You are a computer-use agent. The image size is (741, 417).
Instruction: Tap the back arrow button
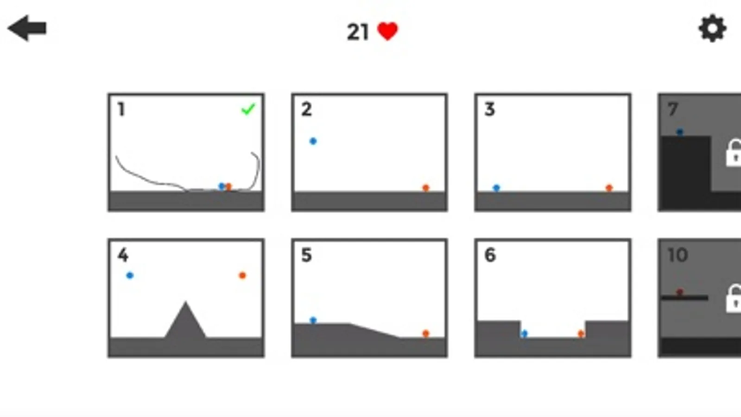coord(27,28)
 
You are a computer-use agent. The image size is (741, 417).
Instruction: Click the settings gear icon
coord(712,28)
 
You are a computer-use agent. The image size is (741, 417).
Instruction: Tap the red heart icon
coord(388,32)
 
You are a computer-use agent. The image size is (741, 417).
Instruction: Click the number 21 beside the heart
coord(358,32)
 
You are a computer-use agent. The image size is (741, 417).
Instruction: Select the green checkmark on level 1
coord(248,109)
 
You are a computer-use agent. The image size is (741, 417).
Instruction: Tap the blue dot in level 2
coord(313,141)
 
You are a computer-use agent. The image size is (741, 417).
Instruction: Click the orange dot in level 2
coord(426,188)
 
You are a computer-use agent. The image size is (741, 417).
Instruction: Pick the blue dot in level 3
coord(496,188)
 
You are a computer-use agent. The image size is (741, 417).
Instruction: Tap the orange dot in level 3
coord(609,188)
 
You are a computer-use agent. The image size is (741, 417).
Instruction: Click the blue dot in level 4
coord(130,275)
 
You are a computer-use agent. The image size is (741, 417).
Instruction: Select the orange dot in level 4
coord(242,275)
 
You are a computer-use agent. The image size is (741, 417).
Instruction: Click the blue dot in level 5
coord(313,320)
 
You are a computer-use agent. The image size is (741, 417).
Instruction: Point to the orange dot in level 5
coord(426,333)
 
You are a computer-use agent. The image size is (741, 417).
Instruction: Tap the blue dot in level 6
coord(524,334)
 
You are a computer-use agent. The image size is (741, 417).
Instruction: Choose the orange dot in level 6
coord(581,334)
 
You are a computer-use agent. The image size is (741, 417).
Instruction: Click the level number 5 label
coord(306,255)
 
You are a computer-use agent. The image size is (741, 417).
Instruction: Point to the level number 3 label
coord(489,109)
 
